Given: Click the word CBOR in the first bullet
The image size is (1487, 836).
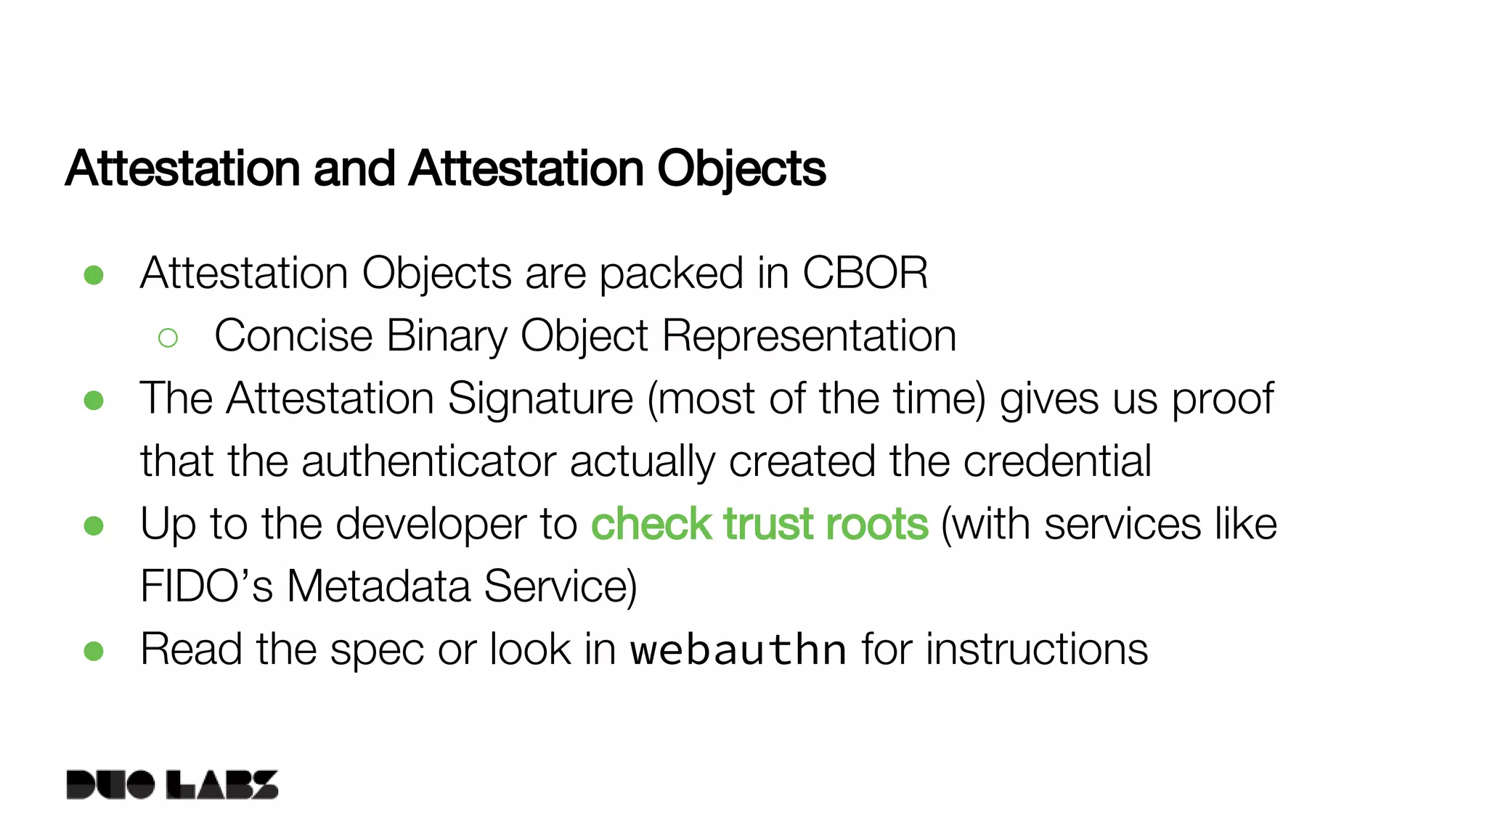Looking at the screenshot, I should [865, 274].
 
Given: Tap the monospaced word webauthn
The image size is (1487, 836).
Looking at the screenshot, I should [738, 649].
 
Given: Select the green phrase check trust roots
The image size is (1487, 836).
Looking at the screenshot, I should [759, 524].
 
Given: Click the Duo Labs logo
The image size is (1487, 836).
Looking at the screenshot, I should [172, 784].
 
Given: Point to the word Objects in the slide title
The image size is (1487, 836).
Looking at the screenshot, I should [741, 168].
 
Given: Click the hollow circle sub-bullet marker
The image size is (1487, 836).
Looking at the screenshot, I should [168, 337].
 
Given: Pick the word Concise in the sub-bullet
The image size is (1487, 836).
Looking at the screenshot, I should [293, 336].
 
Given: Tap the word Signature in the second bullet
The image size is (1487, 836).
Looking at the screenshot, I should [540, 398].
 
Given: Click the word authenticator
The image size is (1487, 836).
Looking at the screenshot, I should [428, 462].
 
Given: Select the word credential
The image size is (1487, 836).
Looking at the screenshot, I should [1057, 462].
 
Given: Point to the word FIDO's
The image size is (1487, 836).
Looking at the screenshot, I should [206, 586].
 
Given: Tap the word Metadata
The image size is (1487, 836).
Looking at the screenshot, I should [378, 586].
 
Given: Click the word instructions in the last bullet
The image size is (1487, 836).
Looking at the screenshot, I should [1037, 649].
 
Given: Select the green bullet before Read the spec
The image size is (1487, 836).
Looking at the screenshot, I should [94, 651].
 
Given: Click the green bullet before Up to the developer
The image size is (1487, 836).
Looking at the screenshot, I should [94, 525].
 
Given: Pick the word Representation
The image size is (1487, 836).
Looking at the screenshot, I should [810, 336].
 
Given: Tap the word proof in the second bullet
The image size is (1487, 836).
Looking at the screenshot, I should [1223, 398].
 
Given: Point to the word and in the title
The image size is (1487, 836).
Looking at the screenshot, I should [354, 168].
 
